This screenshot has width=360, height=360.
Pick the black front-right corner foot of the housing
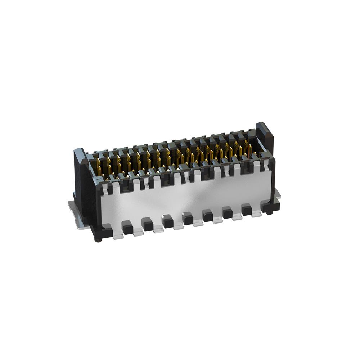(270, 207)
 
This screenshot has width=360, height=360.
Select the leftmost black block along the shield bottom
(127, 228)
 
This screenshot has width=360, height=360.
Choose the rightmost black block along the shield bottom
(247, 209)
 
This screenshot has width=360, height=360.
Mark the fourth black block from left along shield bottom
(188, 218)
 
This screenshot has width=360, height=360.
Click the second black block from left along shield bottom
(148, 225)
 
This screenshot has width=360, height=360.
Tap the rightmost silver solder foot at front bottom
(256, 214)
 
